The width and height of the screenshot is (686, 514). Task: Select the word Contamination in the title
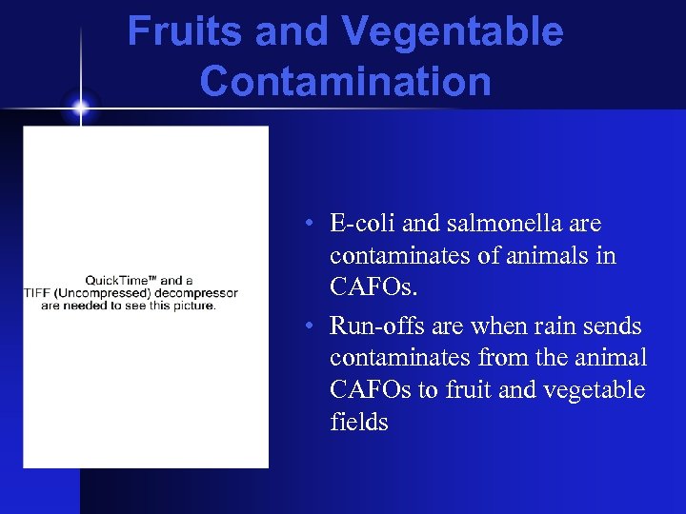click(x=345, y=82)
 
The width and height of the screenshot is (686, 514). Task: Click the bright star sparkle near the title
click(x=80, y=108)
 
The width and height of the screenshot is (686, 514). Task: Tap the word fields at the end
click(x=359, y=422)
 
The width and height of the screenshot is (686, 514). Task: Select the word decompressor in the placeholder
click(x=192, y=293)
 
